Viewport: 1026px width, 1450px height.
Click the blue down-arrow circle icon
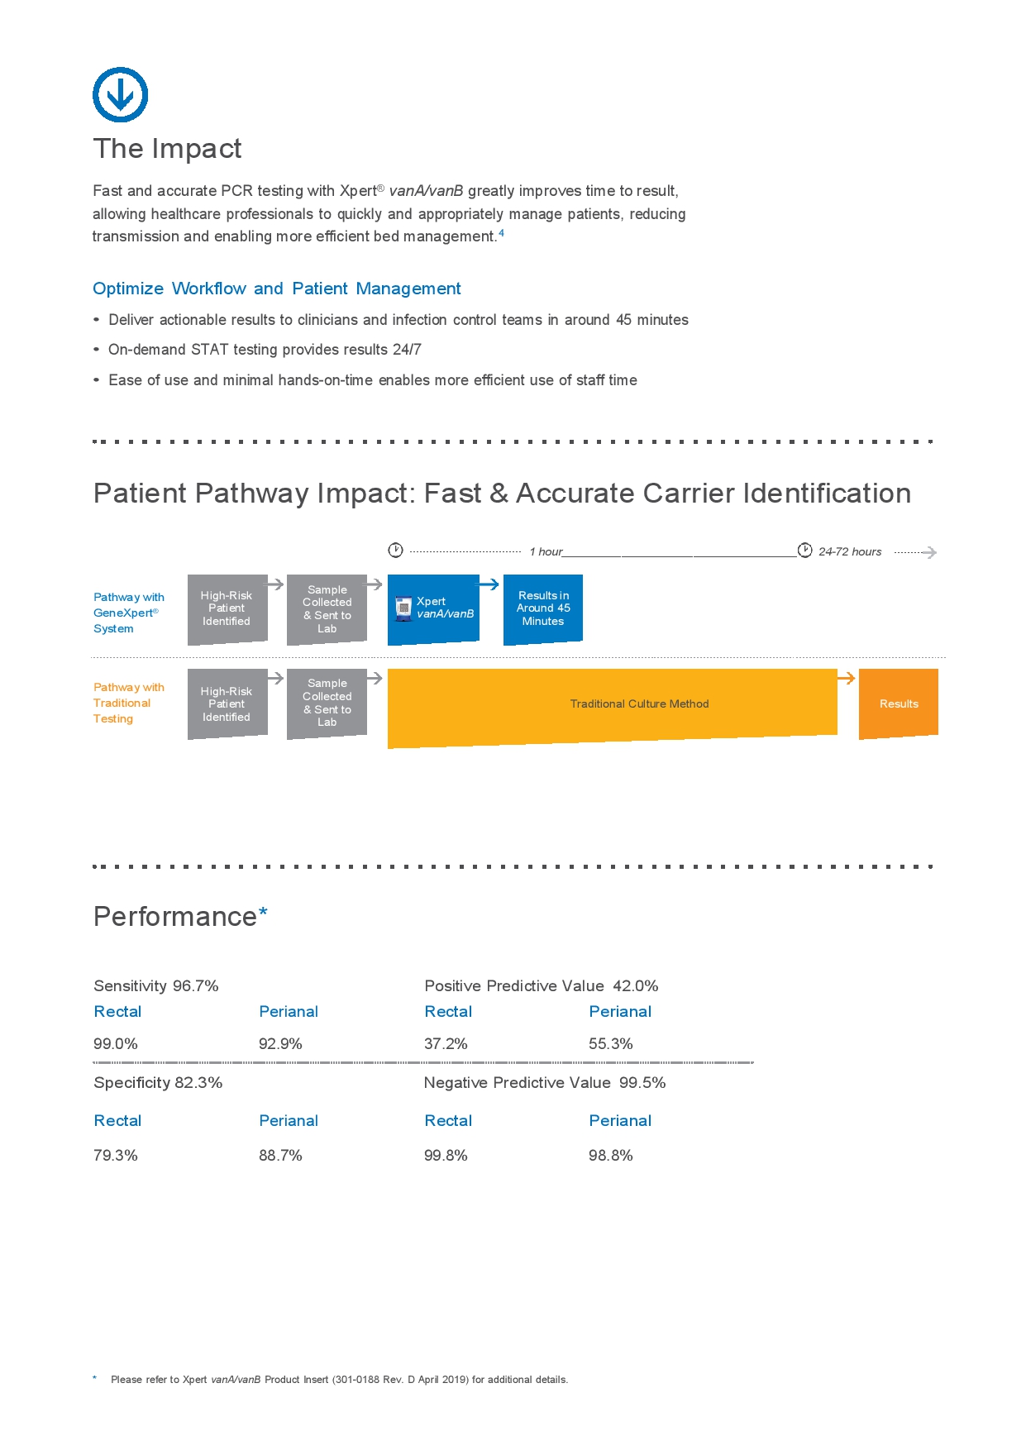click(x=120, y=95)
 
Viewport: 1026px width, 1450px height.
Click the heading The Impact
click(x=167, y=149)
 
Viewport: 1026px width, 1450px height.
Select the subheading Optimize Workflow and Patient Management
click(x=276, y=289)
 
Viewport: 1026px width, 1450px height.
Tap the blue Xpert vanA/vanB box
click(x=433, y=608)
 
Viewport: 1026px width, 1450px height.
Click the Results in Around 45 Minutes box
click(x=543, y=608)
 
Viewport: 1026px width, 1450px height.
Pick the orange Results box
click(x=899, y=704)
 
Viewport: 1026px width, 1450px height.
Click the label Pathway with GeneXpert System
click(x=128, y=613)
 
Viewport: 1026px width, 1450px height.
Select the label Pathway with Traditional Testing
click(x=128, y=703)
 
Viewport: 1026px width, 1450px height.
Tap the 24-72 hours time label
click(x=850, y=551)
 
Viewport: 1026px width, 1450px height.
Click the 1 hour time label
click(x=546, y=551)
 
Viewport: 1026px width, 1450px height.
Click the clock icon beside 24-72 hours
click(x=804, y=551)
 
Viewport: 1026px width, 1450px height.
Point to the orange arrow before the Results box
click(x=846, y=679)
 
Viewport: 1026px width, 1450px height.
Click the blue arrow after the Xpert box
click(x=489, y=584)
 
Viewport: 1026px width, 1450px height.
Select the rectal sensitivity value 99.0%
click(x=116, y=1044)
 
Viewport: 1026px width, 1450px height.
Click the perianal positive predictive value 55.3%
click(x=611, y=1044)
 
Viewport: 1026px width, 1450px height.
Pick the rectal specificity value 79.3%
click(x=116, y=1156)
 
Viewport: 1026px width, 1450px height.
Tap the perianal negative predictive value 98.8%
click(x=611, y=1156)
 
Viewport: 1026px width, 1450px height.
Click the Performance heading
click(x=175, y=917)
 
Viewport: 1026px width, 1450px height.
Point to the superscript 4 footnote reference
click(x=501, y=233)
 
